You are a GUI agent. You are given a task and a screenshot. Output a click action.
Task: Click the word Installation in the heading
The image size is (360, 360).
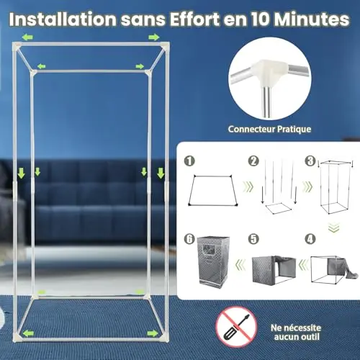click(63, 19)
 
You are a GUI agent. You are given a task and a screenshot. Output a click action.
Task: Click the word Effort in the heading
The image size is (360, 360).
click(194, 19)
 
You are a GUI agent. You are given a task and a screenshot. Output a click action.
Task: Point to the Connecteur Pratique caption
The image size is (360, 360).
click(269, 129)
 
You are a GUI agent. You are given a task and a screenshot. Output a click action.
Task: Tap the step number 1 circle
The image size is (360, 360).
click(189, 161)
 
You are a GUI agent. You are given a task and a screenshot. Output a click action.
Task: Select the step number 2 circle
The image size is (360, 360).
click(253, 161)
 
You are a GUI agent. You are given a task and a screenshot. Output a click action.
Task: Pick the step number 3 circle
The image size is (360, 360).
click(310, 161)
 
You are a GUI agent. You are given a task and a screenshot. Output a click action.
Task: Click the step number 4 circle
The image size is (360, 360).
click(310, 239)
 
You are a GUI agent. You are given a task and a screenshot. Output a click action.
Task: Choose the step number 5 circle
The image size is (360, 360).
click(253, 239)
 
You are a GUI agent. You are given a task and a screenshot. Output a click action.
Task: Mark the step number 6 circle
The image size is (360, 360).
click(189, 239)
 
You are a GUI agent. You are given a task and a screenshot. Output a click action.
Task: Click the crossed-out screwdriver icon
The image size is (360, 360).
click(236, 327)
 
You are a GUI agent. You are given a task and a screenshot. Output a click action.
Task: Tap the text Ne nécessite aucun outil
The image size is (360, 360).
click(296, 332)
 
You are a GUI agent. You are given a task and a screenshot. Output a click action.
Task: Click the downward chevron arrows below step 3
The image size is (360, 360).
click(334, 227)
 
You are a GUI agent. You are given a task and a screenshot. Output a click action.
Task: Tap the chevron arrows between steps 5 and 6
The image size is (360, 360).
click(240, 265)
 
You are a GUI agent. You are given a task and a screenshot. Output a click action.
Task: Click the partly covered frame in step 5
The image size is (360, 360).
click(274, 269)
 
